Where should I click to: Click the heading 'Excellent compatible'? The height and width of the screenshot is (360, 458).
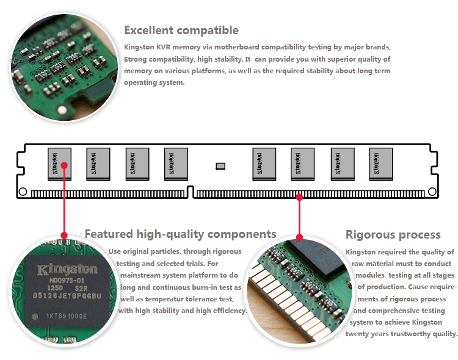pos(181,30)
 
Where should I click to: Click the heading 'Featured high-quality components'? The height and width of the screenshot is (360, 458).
pos(180,234)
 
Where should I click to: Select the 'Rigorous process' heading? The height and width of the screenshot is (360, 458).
pos(393,235)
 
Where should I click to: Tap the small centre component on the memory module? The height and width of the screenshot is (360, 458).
pos(220,166)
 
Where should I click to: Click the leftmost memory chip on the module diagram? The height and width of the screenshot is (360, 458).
pos(59,164)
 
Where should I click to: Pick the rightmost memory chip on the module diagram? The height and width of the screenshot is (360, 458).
pos(380,164)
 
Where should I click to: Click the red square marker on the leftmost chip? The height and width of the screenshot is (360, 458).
pos(64,164)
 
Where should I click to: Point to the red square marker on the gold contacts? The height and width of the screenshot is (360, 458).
pos(299,197)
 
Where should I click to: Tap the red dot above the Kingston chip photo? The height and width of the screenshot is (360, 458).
pos(64,236)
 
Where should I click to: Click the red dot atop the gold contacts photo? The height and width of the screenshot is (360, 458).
pos(299,237)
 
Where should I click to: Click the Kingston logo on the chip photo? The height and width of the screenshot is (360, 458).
pos(67,270)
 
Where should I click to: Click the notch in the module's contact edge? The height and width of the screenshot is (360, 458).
pos(191,192)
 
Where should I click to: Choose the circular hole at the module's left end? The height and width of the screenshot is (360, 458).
pos(23,192)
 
